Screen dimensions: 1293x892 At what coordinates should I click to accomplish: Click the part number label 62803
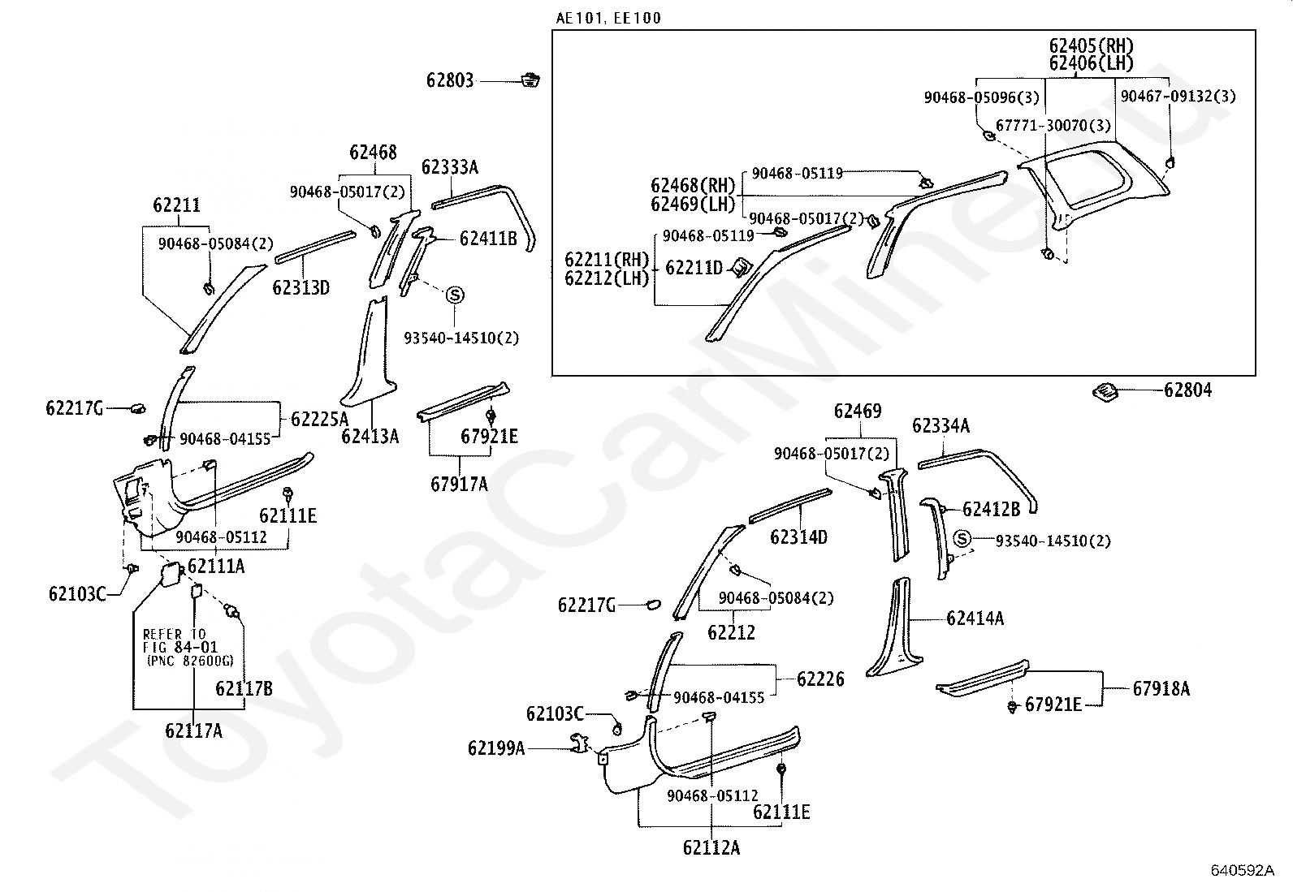pyautogui.click(x=450, y=80)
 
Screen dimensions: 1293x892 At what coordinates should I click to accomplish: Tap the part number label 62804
pyautogui.click(x=1187, y=390)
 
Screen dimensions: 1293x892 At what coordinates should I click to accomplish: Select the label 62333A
pyautogui.click(x=450, y=167)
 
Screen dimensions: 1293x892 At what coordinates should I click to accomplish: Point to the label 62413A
pyautogui.click(x=370, y=437)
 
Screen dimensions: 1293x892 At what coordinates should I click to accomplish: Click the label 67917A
pyautogui.click(x=459, y=484)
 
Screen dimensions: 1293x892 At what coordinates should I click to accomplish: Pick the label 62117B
pyautogui.click(x=244, y=688)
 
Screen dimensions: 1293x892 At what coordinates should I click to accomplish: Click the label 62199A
pyautogui.click(x=496, y=748)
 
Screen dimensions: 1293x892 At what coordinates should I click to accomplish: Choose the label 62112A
pyautogui.click(x=711, y=847)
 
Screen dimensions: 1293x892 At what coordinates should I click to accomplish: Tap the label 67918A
pyautogui.click(x=1161, y=688)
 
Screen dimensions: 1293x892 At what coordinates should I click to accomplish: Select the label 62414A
pyautogui.click(x=975, y=618)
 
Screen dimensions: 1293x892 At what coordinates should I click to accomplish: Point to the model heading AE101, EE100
pyautogui.click(x=608, y=19)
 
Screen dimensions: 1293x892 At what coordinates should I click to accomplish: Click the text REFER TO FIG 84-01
pyautogui.click(x=179, y=640)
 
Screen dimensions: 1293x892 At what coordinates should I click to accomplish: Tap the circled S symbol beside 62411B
pyautogui.click(x=455, y=295)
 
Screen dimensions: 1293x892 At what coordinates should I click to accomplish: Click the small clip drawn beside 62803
pyautogui.click(x=530, y=80)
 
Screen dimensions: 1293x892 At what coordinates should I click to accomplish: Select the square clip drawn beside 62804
pyautogui.click(x=1105, y=392)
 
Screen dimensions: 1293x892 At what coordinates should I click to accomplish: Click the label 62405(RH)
pyautogui.click(x=1091, y=45)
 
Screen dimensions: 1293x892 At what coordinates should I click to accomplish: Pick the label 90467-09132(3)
pyautogui.click(x=1178, y=97)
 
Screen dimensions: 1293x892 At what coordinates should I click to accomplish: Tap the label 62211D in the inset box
pyautogui.click(x=694, y=268)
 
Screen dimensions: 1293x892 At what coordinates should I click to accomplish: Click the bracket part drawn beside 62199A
pyautogui.click(x=579, y=743)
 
